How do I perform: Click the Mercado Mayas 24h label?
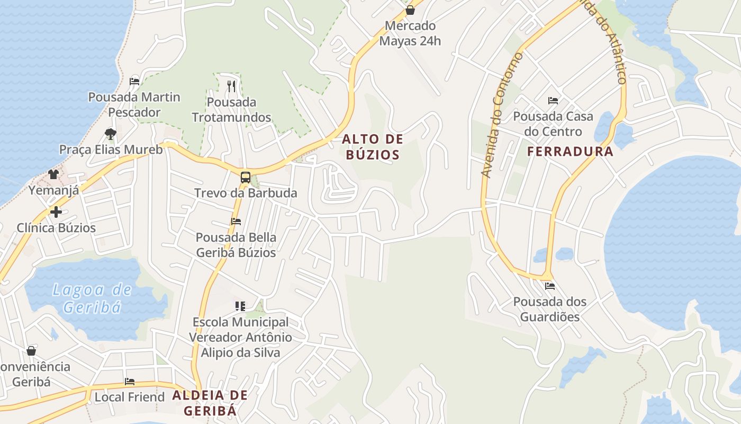coord(410,33)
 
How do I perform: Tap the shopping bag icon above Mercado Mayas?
coord(410,10)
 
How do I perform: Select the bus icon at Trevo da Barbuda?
coord(245,178)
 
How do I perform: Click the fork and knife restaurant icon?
coord(231,86)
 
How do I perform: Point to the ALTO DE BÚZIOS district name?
coord(373,147)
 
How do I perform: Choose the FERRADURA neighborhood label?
coord(570,152)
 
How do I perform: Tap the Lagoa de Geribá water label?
coord(92,298)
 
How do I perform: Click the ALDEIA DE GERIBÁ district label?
coord(210,403)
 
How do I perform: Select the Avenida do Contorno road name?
coord(501,115)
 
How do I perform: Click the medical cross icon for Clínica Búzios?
coord(56,213)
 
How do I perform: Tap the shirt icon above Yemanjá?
coord(53,174)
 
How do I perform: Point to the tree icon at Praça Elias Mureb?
coord(110,134)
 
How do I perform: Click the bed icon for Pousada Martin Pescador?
coord(134,82)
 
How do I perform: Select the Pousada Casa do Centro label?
coord(553,124)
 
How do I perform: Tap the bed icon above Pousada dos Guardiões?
coord(550,286)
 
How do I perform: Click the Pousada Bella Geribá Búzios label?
coord(236,245)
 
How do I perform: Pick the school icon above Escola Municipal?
coord(240,306)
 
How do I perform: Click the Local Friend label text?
coord(130,397)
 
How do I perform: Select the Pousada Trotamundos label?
coord(231,110)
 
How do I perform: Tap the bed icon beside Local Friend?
coord(130,382)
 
